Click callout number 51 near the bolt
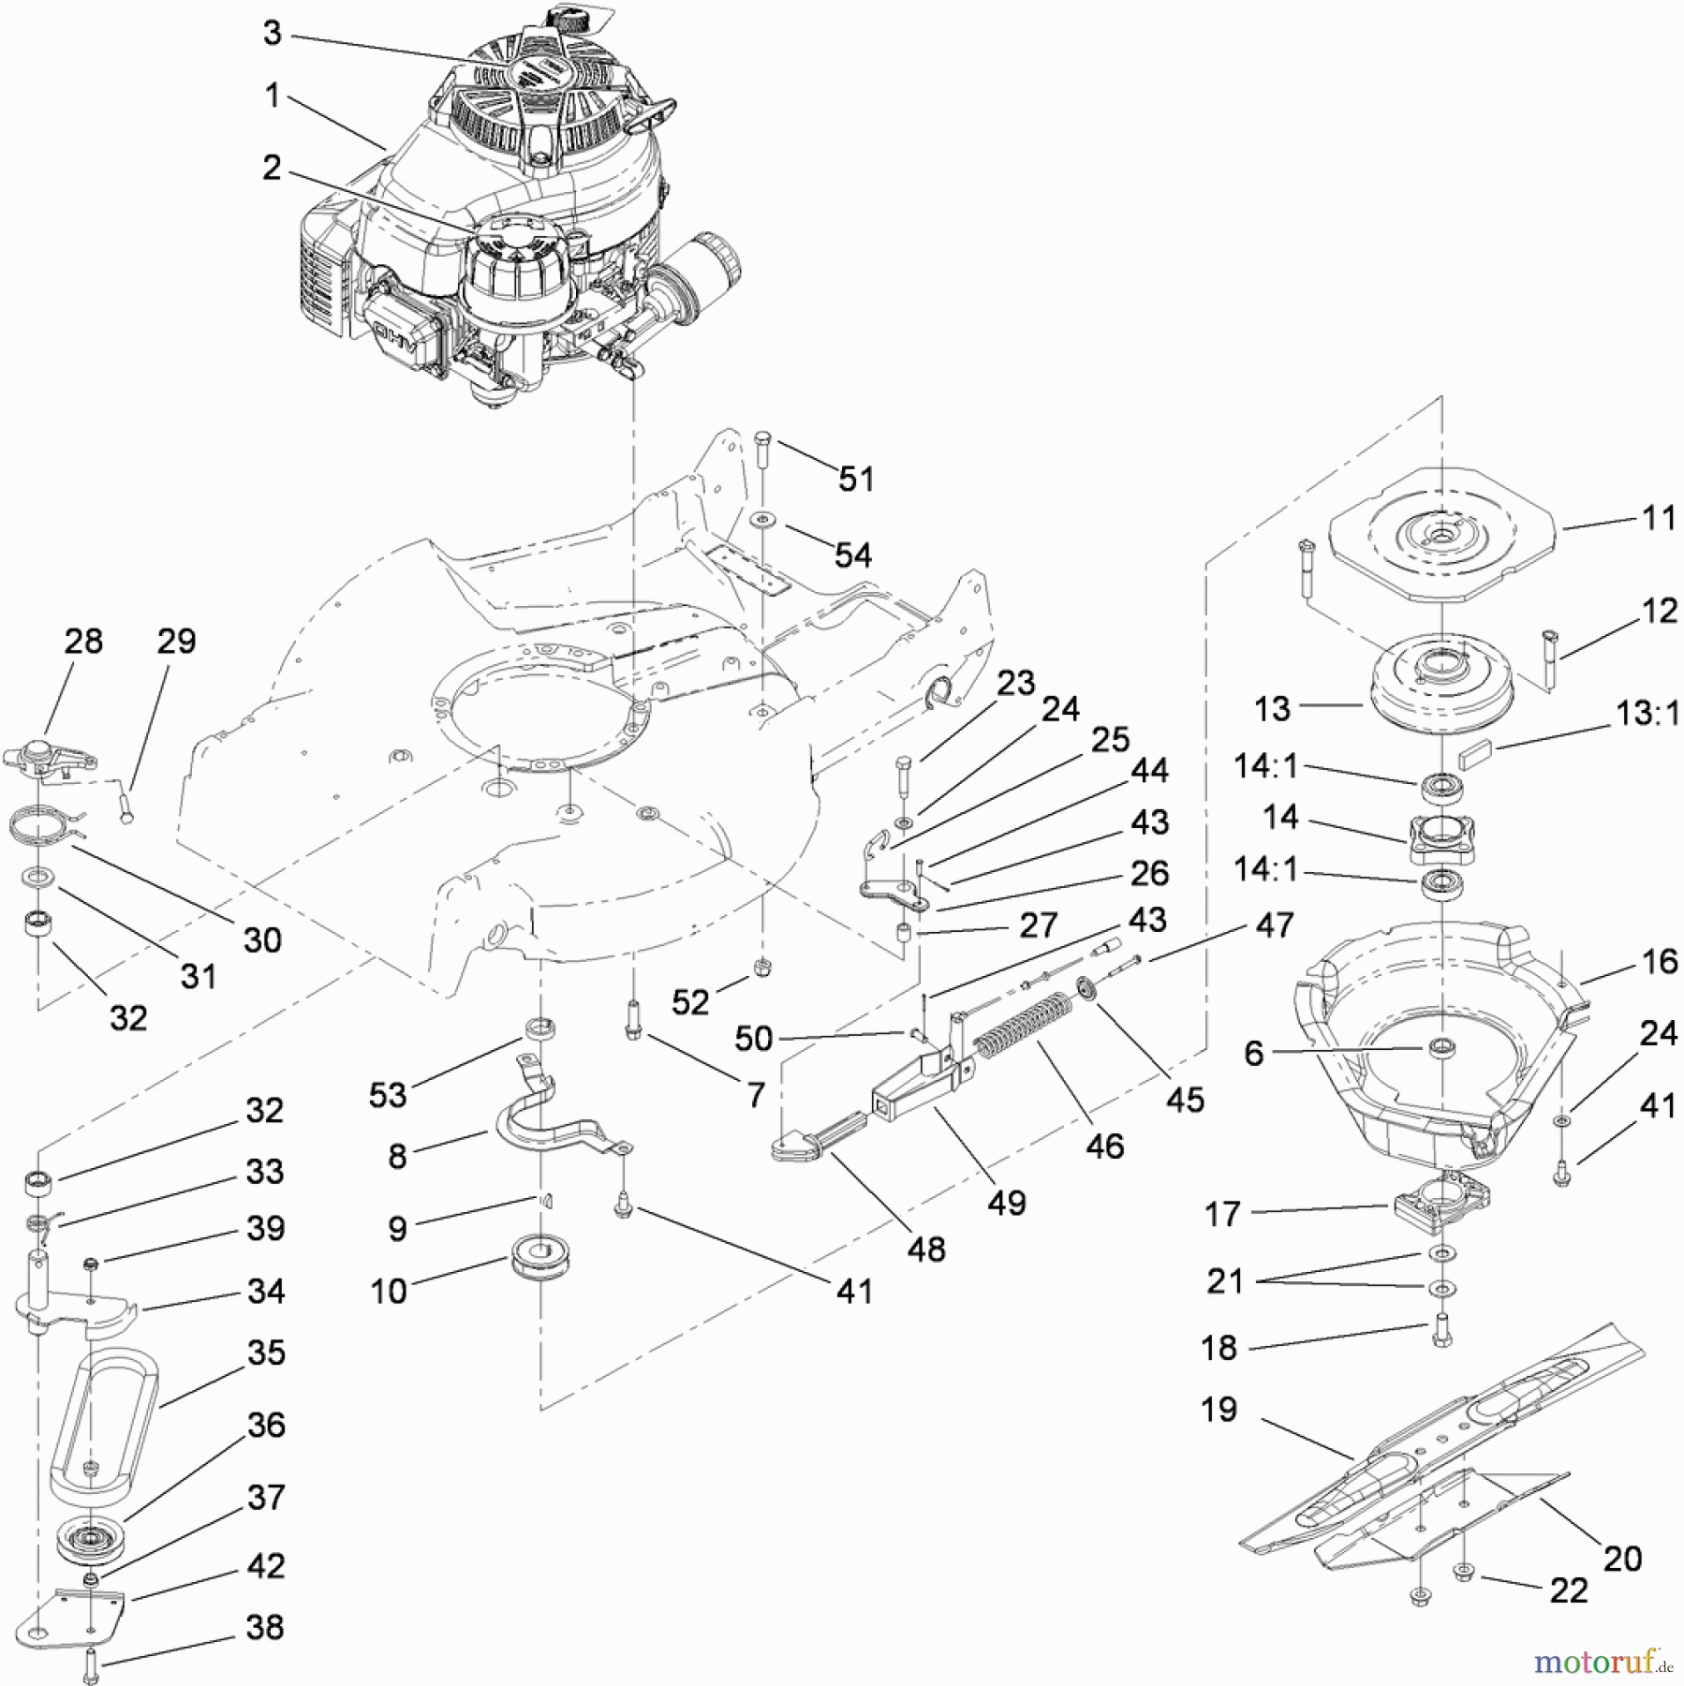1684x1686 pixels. (x=855, y=479)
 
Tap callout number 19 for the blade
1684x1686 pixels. (x=1219, y=1410)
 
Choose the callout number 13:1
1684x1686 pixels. (x=1647, y=714)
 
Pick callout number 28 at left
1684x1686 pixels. (x=82, y=642)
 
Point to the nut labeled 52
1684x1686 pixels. (x=761, y=966)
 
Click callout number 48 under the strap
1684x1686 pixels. (x=925, y=1249)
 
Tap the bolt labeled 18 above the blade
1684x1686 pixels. (x=1441, y=1331)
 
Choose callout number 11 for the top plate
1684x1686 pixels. (x=1659, y=517)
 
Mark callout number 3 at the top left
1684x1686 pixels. (x=272, y=34)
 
